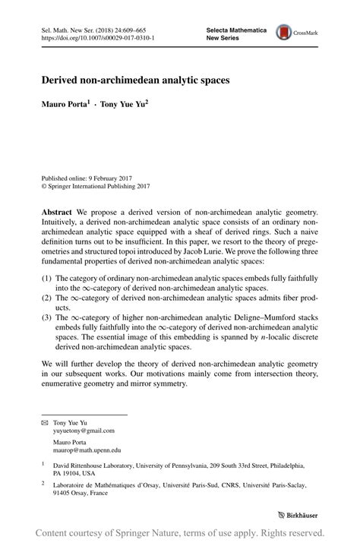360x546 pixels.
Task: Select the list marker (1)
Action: coord(47,279)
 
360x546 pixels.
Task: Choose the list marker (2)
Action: coord(47,300)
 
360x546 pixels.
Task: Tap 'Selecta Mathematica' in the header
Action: coord(236,28)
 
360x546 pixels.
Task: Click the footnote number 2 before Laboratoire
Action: coord(43,481)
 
